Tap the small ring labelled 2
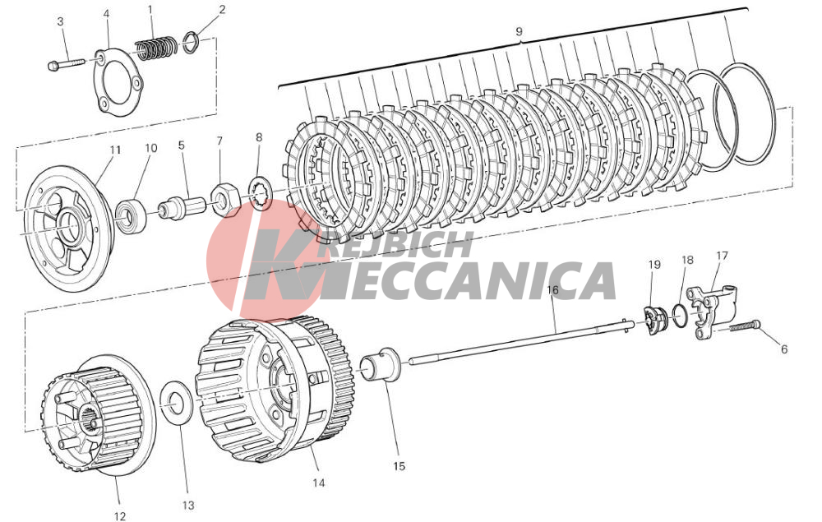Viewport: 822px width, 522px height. pyautogui.click(x=191, y=43)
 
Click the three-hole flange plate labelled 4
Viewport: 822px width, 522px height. pyautogui.click(x=118, y=80)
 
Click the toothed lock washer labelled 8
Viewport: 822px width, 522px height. pyautogui.click(x=260, y=193)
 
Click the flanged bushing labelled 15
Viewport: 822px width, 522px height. pyautogui.click(x=382, y=363)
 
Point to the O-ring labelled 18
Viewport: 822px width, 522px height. pyautogui.click(x=680, y=316)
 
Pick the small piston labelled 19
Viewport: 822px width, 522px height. pyautogui.click(x=655, y=319)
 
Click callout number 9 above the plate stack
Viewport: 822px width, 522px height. pyautogui.click(x=519, y=31)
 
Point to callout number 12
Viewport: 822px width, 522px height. pyautogui.click(x=119, y=516)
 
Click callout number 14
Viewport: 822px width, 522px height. pyautogui.click(x=319, y=483)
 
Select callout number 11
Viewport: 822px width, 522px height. pyautogui.click(x=115, y=150)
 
